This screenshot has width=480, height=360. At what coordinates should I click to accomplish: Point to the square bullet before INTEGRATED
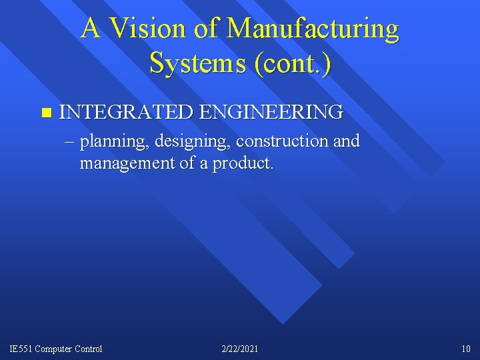[45, 111]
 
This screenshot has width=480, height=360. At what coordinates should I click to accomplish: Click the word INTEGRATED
[127, 111]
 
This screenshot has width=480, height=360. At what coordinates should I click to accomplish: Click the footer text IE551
[20, 349]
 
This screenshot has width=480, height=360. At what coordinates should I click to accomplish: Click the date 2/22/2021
[240, 349]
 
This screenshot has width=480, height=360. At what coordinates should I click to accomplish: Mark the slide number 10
[465, 349]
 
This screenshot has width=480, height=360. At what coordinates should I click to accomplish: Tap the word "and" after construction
[347, 141]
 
